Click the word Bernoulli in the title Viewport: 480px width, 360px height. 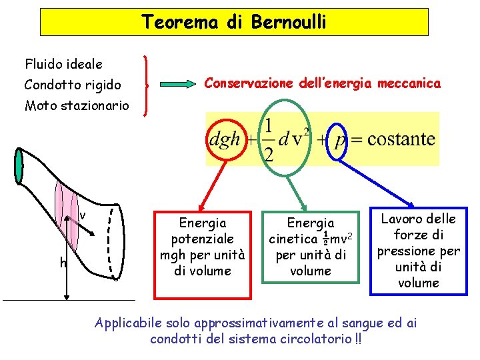pos(289,22)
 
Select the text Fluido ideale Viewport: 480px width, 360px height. pos(64,65)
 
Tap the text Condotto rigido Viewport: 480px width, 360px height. pos(73,85)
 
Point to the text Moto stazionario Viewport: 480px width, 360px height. pos(77,105)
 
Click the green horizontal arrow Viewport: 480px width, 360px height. pos(177,85)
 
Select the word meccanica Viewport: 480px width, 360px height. pos(409,83)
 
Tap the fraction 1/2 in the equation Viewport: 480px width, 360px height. pos(268,140)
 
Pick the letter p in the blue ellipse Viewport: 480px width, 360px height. pos(339,140)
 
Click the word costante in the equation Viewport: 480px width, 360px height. pos(400,140)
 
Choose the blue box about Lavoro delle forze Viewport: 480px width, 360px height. pos(418,251)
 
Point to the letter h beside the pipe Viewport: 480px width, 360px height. pos(63,263)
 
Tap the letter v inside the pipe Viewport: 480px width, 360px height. pos(82,215)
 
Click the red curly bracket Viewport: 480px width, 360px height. pos(147,85)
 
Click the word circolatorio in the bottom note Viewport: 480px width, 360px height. pos(317,339)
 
